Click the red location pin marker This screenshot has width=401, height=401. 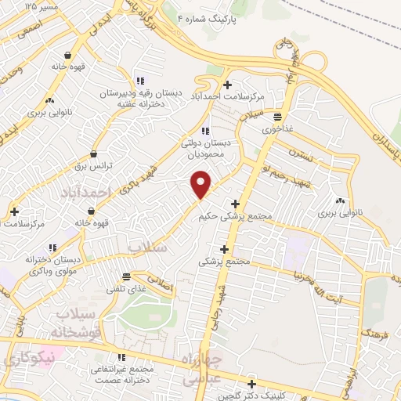point(201,183)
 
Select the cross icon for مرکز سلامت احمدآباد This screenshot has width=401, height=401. point(227,85)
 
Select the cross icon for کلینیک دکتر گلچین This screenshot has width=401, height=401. point(251,384)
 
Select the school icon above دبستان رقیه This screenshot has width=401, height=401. point(139,81)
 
